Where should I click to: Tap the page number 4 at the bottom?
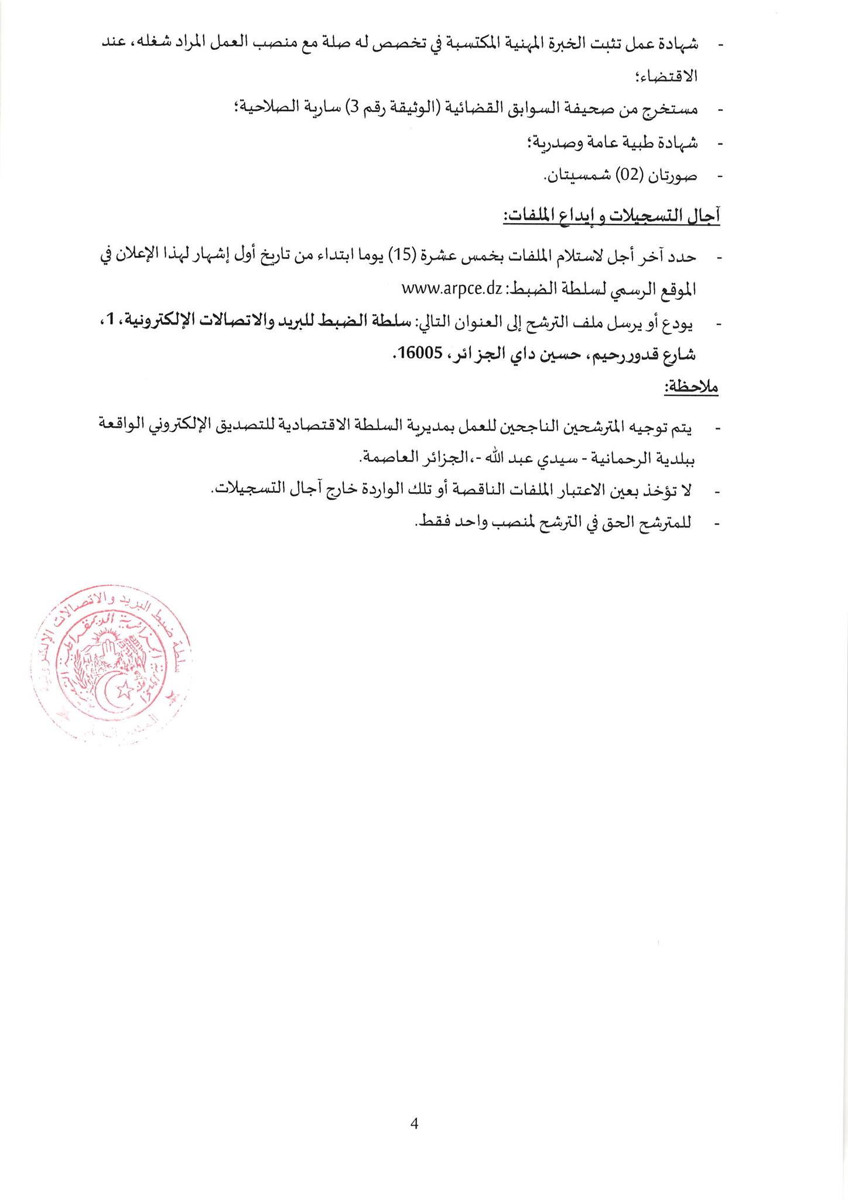[x=414, y=1124]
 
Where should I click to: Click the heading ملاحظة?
[x=691, y=387]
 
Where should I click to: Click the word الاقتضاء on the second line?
[x=673, y=76]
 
